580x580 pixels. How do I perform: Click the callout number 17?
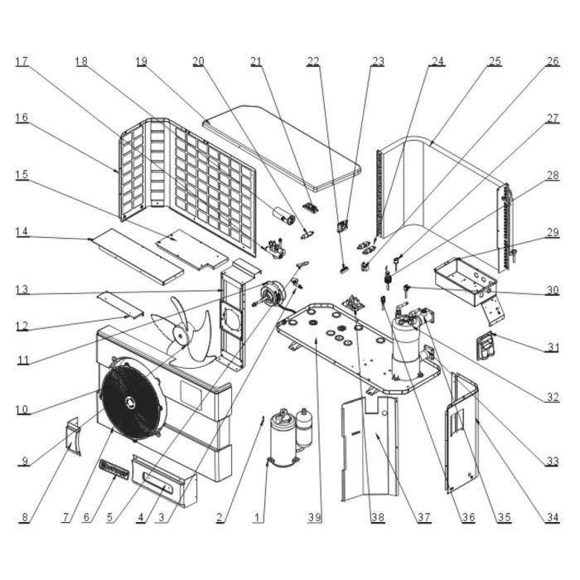click(22, 62)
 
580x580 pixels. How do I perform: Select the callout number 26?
click(553, 62)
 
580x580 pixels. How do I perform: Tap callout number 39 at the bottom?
click(314, 519)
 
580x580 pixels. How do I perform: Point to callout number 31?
click(553, 349)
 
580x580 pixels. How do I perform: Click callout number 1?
click(258, 519)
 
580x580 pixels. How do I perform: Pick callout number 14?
click(22, 234)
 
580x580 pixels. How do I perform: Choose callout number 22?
click(313, 62)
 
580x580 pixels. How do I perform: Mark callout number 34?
click(553, 519)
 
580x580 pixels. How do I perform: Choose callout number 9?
click(24, 462)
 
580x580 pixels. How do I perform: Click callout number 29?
click(553, 234)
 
